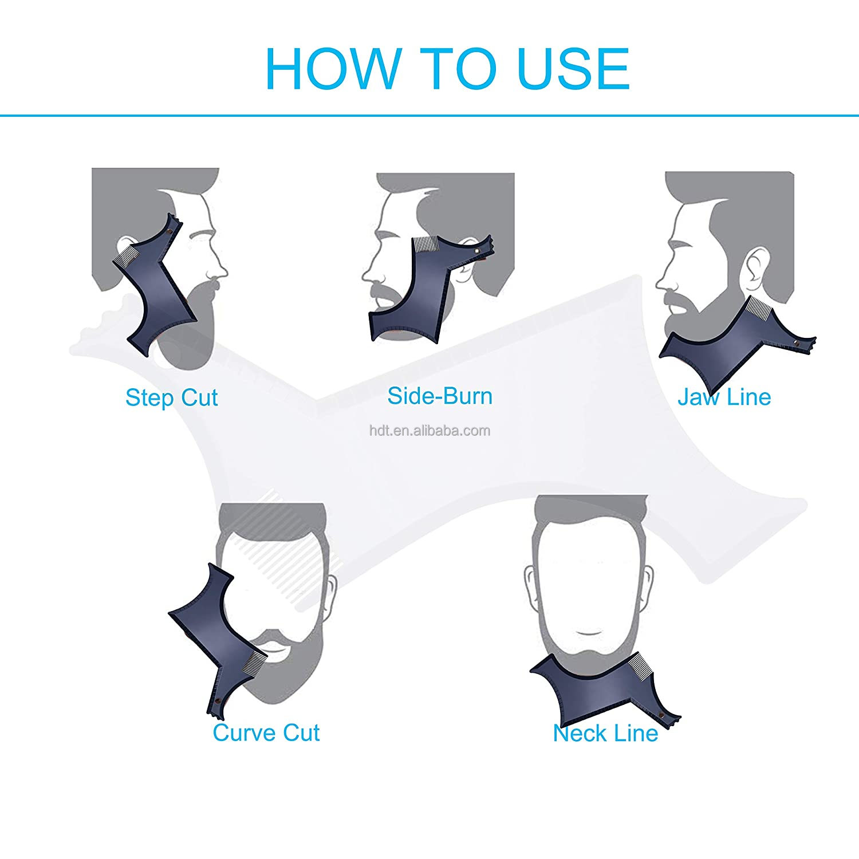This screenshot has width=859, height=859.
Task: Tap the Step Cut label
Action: tap(171, 397)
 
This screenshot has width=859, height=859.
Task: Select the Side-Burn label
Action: tap(440, 396)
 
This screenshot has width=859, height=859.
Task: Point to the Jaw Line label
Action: tap(724, 397)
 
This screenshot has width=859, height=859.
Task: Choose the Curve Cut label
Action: tap(266, 732)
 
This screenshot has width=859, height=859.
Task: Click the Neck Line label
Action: tap(605, 733)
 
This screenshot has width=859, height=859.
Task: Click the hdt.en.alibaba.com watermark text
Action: tap(429, 431)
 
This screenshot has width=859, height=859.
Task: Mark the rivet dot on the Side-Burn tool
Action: tap(477, 251)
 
